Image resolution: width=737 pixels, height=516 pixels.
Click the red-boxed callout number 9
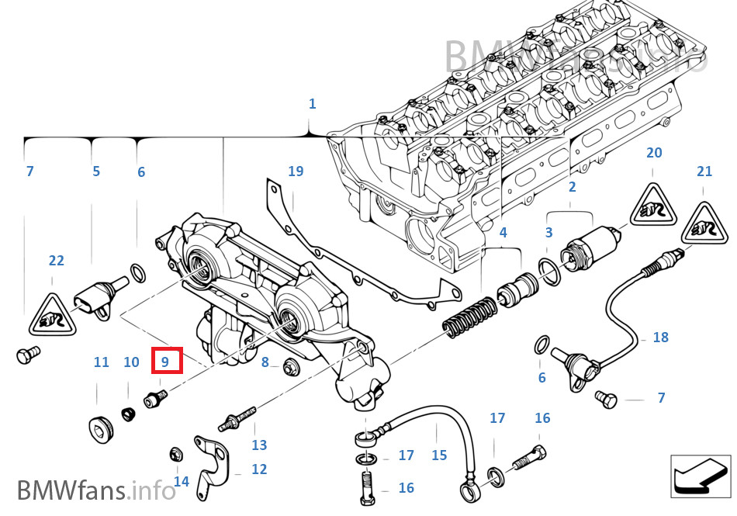point(166,361)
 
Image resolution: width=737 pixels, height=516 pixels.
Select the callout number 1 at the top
point(312,103)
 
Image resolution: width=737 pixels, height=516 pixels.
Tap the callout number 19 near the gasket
point(296,171)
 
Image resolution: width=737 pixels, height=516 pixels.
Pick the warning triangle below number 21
point(704,223)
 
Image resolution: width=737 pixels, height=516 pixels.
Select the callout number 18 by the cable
point(660,338)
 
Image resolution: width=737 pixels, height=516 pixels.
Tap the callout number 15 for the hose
point(439,455)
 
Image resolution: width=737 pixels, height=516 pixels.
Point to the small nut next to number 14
point(175,455)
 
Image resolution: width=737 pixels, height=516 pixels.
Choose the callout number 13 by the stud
point(259,445)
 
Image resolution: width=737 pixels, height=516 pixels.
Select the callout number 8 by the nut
point(265,362)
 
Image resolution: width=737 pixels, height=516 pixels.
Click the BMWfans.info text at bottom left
point(97,490)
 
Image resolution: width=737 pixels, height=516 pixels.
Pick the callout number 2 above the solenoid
point(572,187)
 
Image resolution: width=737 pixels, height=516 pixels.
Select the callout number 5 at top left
point(96,171)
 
